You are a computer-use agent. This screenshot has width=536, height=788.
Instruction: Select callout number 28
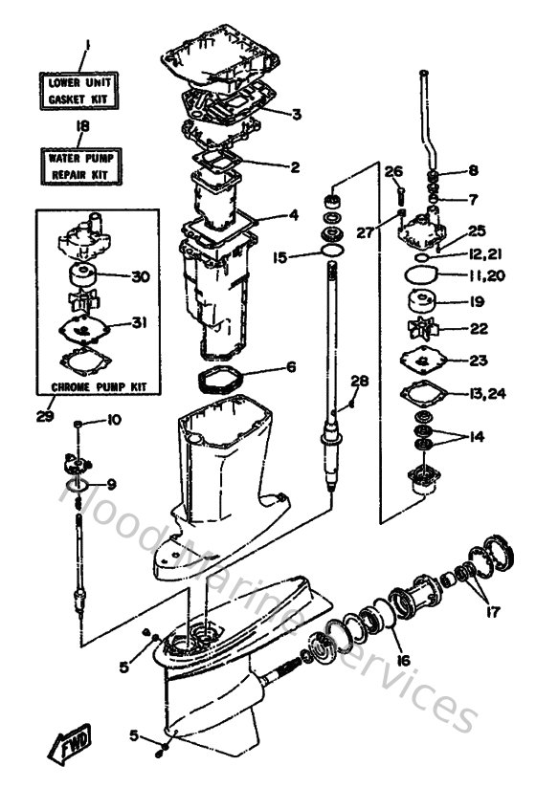(x=359, y=382)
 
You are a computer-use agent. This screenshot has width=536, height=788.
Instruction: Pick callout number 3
(x=296, y=115)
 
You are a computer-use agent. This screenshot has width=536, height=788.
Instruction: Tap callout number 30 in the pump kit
(x=141, y=277)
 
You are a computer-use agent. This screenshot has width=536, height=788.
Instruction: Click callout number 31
(x=140, y=322)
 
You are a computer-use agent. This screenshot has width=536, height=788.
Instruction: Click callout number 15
(x=279, y=256)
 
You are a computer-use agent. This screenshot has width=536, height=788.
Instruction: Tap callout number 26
(x=393, y=171)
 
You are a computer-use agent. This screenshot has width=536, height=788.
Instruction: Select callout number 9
(x=111, y=483)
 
